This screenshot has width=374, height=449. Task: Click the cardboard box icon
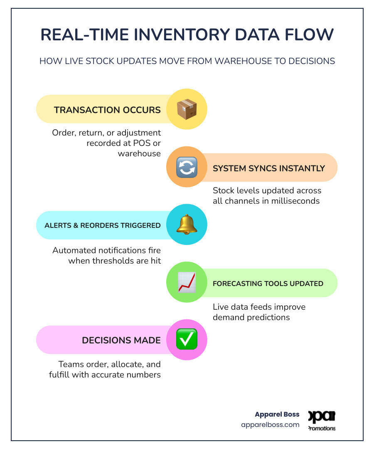tap(187, 109)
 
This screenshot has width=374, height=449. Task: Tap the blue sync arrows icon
tap(187, 167)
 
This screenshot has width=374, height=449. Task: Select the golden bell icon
tap(187, 224)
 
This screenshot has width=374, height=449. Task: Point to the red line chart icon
tap(187, 282)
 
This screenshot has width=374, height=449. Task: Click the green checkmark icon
tap(187, 339)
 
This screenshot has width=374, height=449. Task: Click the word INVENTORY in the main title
tap(182, 35)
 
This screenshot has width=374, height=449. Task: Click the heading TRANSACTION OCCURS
tap(107, 110)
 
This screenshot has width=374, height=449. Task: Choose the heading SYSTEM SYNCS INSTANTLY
tap(269, 168)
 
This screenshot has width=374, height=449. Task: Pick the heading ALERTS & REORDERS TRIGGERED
tap(103, 225)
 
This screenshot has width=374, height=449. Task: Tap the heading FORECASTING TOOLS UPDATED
tap(268, 284)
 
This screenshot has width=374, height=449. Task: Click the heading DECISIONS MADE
tap(121, 340)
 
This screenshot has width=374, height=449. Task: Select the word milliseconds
tap(295, 201)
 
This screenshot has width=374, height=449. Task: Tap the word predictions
tap(268, 318)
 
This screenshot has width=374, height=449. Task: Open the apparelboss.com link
tap(270, 424)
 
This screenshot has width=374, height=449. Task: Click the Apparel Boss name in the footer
tap(277, 414)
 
